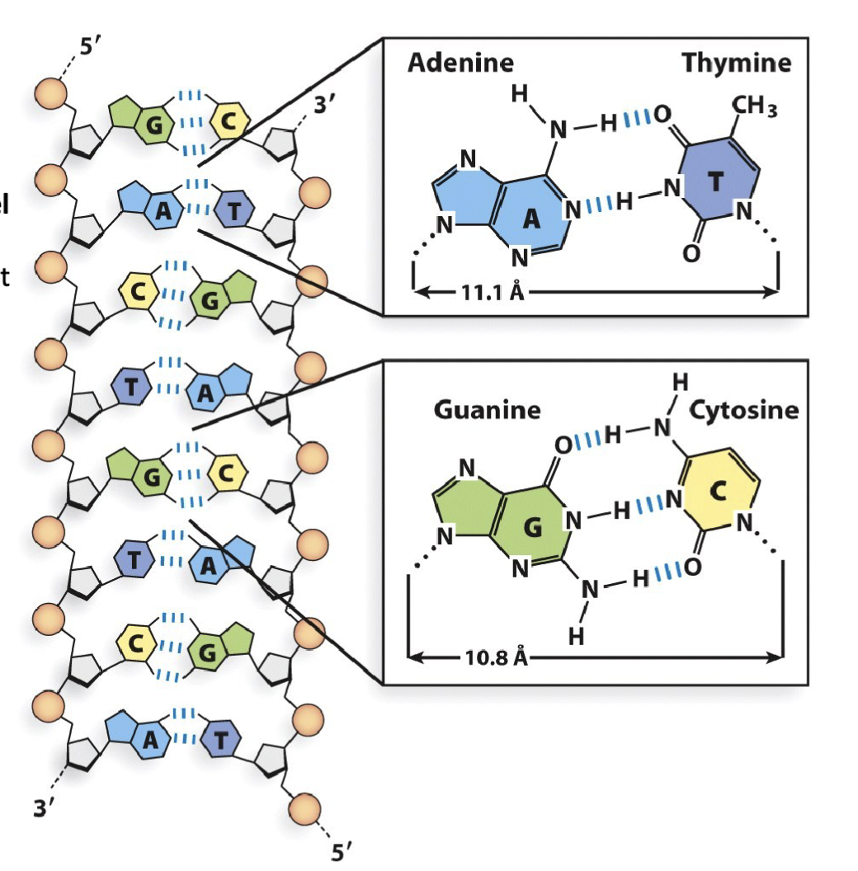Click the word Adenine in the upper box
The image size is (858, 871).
pos(460,64)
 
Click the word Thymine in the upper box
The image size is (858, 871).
pos(736,64)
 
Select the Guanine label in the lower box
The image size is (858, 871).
pos(487,410)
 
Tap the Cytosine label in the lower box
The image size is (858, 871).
pos(743,410)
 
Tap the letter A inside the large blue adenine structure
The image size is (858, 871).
pos(532,217)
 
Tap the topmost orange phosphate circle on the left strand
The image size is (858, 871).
pos(50,92)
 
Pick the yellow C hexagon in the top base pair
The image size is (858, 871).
pos(231,123)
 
